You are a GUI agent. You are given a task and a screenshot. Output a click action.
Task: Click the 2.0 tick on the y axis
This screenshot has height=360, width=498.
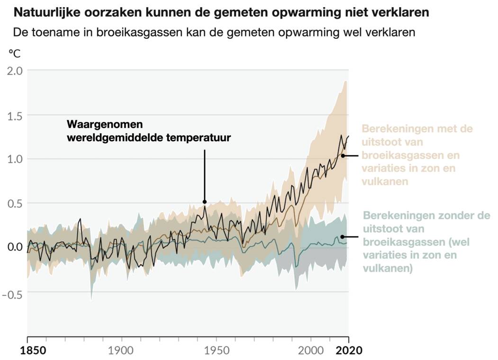pyautogui.click(x=13, y=71)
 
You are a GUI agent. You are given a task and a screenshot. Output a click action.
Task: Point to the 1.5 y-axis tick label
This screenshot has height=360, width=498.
pyautogui.click(x=13, y=115)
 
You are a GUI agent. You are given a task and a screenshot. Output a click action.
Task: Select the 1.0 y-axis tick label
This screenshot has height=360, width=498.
pyautogui.click(x=13, y=159)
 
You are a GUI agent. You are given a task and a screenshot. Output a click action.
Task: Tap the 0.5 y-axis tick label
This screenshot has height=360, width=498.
pyautogui.click(x=13, y=203)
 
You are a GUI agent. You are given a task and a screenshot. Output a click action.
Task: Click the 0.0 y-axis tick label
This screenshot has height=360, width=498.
pyautogui.click(x=13, y=247)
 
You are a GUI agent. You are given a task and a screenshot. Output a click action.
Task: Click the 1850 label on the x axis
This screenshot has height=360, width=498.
pyautogui.click(x=27, y=351)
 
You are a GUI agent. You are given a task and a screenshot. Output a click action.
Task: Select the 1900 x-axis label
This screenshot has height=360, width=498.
pyautogui.click(x=122, y=351)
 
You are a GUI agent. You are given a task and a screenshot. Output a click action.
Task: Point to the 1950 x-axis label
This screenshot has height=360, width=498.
pyautogui.click(x=216, y=351)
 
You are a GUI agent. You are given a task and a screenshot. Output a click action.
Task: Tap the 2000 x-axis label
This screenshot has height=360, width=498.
pyautogui.click(x=311, y=351)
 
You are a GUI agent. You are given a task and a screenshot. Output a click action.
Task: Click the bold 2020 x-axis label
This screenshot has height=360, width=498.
pyautogui.click(x=349, y=351)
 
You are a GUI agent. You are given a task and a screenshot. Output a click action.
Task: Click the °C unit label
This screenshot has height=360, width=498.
pyautogui.click(x=15, y=53)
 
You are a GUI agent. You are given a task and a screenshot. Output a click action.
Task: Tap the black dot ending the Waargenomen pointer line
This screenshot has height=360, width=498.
pyautogui.click(x=205, y=201)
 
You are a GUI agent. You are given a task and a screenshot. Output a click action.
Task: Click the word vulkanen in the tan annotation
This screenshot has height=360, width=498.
pyautogui.click(x=385, y=181)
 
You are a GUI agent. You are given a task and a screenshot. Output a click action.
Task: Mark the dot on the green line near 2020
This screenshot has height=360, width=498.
pyautogui.click(x=342, y=236)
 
